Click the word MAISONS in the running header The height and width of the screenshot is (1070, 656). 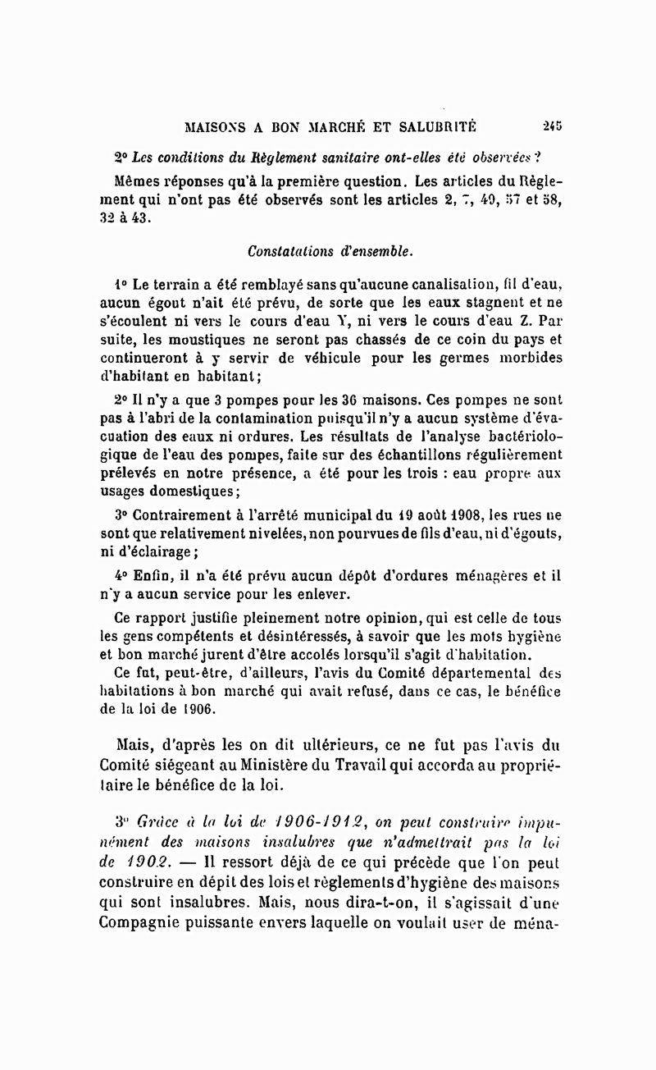[x=216, y=127]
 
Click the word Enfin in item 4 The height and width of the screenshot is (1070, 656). [x=148, y=576]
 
